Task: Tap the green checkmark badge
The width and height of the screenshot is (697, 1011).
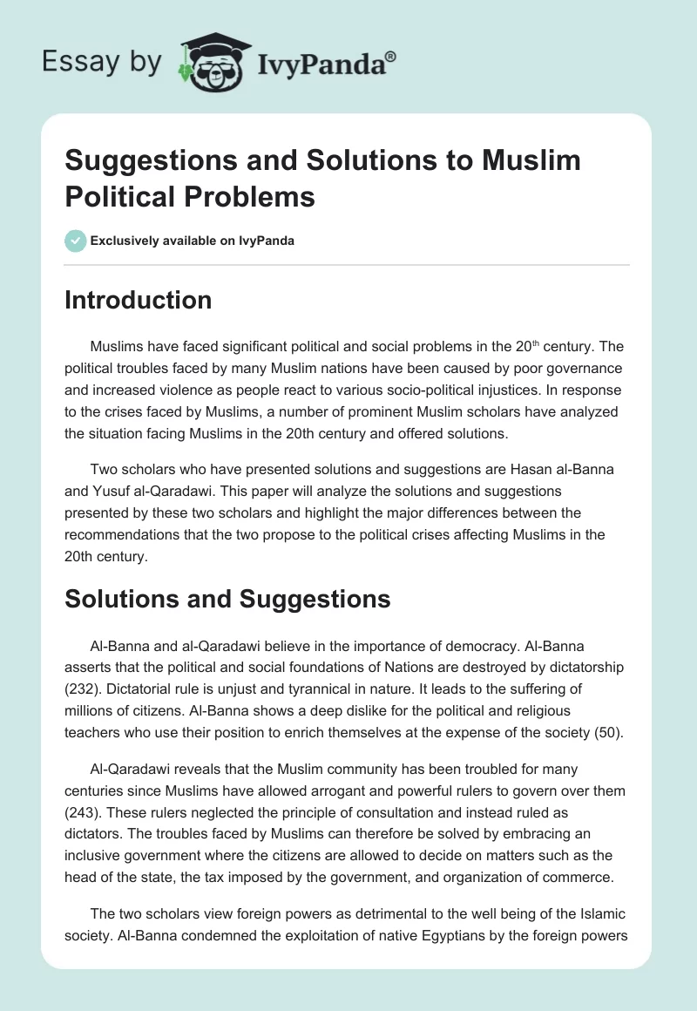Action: click(75, 241)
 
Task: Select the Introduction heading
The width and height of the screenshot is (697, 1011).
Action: click(139, 300)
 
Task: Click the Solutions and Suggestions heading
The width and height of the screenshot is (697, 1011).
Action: click(227, 599)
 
